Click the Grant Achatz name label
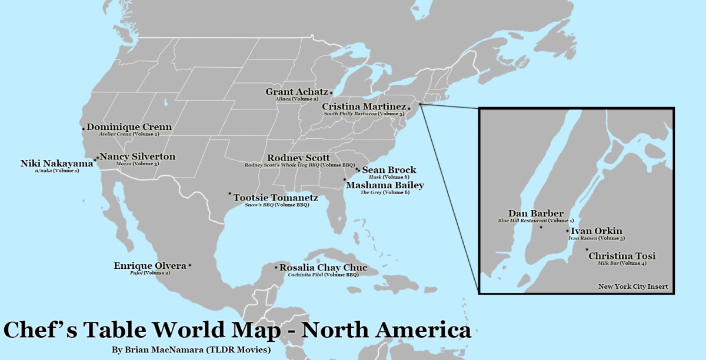(297, 92)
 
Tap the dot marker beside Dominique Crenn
(84, 127)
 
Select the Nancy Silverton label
(137, 156)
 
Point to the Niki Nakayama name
(56, 164)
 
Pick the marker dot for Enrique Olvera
(190, 266)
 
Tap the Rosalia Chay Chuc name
(323, 268)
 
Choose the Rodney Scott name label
(298, 158)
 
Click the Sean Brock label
(389, 170)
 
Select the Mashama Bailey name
(385, 185)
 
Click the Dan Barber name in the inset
(536, 214)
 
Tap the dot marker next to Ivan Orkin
(567, 231)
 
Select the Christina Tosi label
(622, 256)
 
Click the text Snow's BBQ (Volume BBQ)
(277, 205)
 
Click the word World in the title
(231, 330)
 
